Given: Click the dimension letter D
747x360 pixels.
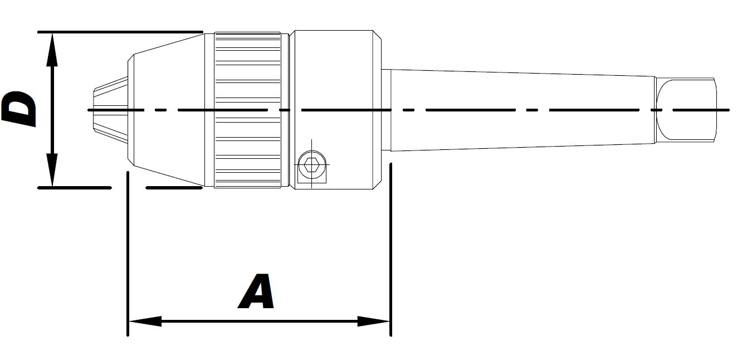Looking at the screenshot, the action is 19,109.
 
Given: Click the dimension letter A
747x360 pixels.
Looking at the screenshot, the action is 256,291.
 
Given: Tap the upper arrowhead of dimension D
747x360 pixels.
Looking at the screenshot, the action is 52,50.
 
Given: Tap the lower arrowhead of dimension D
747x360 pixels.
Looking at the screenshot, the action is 52,169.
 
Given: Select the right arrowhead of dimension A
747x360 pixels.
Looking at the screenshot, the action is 373,322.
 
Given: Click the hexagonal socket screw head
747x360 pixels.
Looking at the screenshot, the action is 311,164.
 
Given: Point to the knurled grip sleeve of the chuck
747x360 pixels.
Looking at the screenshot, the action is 247,110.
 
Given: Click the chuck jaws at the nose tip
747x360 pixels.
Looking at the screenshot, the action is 111,110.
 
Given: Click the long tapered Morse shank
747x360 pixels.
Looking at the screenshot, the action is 523,110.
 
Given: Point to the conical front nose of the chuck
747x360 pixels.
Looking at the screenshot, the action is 166,110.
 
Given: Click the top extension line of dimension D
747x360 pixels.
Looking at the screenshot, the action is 120,32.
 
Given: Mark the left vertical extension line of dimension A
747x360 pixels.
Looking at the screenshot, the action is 128,254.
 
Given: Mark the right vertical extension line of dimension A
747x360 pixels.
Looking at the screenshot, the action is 391,249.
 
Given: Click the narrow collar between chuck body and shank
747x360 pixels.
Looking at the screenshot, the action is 386,110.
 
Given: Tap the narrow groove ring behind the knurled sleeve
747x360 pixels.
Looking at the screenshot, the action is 285,110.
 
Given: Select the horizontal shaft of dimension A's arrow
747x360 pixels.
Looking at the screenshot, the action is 260,322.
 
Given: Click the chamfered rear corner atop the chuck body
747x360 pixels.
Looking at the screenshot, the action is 377,35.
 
